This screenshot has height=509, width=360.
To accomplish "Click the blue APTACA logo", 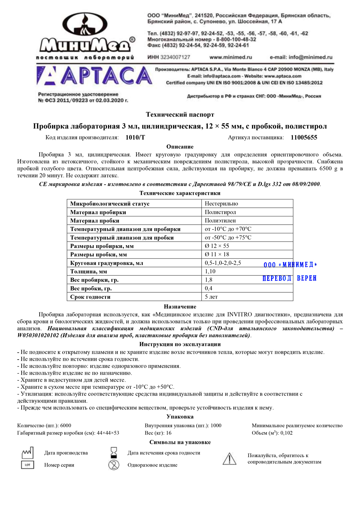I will [94, 76].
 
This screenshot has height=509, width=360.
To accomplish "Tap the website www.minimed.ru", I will [231, 57].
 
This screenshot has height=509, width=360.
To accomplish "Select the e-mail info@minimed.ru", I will [301, 57].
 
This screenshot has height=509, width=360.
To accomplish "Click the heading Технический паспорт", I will [180, 114].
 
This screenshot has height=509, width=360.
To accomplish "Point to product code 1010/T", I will [135, 138].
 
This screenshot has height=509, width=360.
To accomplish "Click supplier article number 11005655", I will [304, 138].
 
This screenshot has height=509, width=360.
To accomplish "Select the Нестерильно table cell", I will [221, 204].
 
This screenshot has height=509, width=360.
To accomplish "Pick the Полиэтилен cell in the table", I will [220, 221].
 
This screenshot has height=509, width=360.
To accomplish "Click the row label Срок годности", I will [90, 297].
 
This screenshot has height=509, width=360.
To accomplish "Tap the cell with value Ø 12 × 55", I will [217, 246].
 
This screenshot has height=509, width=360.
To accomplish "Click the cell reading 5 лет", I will [211, 297].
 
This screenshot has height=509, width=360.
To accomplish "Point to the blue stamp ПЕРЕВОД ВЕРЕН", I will [289, 278].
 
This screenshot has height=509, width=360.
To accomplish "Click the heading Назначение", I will [180, 307].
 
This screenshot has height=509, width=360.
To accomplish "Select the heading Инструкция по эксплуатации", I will [180, 344].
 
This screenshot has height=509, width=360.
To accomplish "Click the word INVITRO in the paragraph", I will [240, 315].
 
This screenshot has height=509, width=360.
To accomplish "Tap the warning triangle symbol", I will [229, 459].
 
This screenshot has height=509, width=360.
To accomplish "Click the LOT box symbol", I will [28, 465].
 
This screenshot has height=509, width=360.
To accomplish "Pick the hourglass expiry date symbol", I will [114, 452].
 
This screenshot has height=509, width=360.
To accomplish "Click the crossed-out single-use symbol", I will [114, 465].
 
